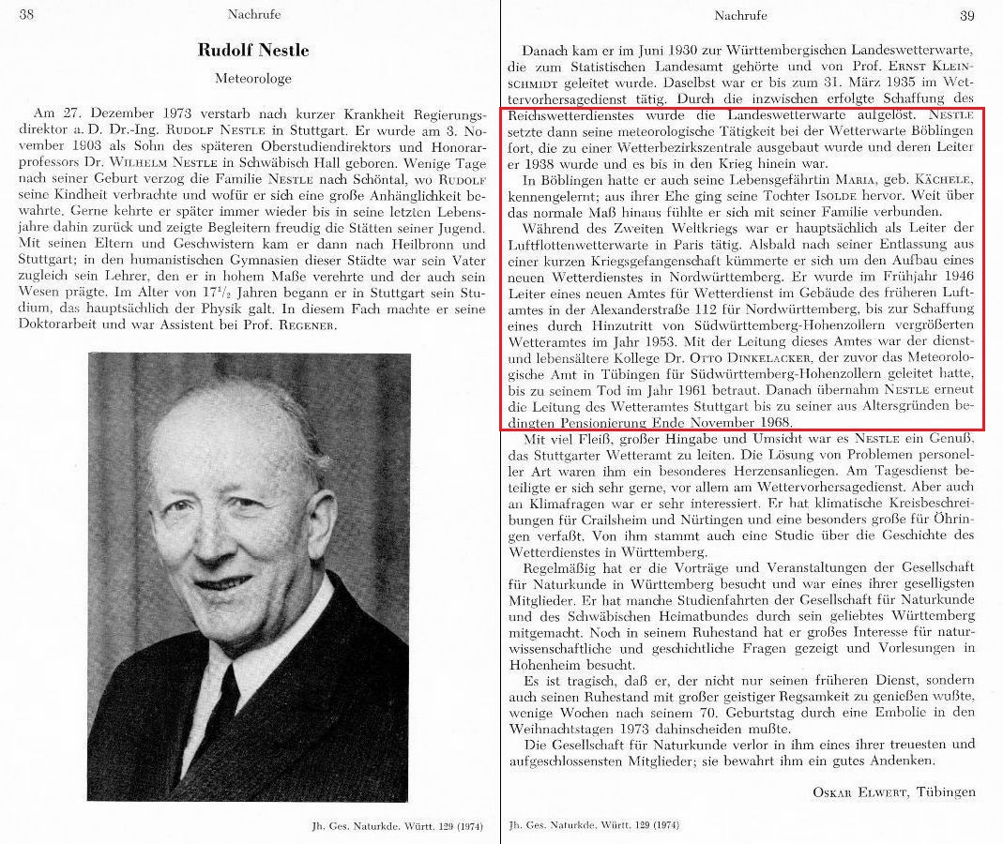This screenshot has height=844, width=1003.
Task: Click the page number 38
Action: tap(27, 14)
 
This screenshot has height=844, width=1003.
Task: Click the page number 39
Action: tap(966, 15)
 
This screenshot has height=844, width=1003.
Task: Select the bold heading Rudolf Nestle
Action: tap(252, 50)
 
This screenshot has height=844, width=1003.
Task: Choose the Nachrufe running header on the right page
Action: tap(740, 15)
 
